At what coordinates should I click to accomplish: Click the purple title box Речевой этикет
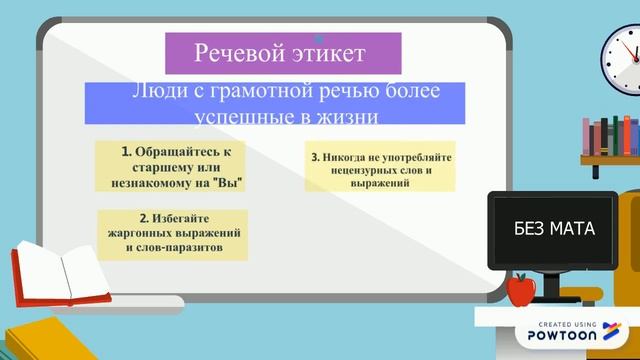pyautogui.click(x=283, y=52)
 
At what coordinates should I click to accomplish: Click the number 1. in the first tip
pyautogui.click(x=127, y=151)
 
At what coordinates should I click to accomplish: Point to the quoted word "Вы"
pyautogui.click(x=229, y=183)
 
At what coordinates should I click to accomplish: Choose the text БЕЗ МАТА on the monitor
pyautogui.click(x=553, y=229)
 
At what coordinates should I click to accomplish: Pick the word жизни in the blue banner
pyautogui.click(x=350, y=117)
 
